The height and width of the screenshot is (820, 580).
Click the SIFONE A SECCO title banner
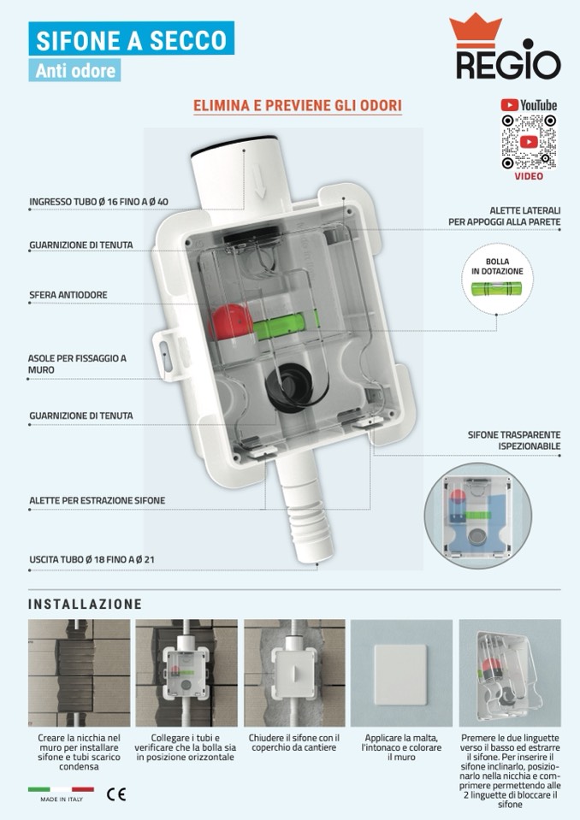(x=131, y=38)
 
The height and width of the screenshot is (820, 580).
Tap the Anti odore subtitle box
(x=74, y=70)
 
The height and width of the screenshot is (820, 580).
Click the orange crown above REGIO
(x=475, y=30)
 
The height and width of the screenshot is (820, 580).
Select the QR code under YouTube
(x=528, y=142)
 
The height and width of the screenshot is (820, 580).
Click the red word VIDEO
(x=529, y=176)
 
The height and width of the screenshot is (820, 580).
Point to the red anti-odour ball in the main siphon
(x=231, y=322)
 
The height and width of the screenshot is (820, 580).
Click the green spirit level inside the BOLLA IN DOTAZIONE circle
(x=496, y=288)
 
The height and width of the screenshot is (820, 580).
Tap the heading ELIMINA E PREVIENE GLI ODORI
(x=298, y=105)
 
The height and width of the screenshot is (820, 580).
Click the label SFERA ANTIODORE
(x=68, y=295)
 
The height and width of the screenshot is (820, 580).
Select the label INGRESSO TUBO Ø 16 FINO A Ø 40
(x=99, y=201)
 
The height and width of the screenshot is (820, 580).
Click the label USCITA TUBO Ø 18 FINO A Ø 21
(x=92, y=559)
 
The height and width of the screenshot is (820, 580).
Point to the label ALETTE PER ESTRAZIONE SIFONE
(x=98, y=500)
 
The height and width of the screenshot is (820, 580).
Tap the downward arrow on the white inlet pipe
(x=260, y=180)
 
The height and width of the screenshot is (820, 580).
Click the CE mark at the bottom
(x=116, y=794)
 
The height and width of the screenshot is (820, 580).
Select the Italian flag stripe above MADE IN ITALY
(x=62, y=789)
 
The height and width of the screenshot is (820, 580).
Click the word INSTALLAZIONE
(x=86, y=604)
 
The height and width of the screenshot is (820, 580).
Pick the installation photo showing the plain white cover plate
(x=402, y=673)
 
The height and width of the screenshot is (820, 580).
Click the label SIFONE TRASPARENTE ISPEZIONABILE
(x=514, y=440)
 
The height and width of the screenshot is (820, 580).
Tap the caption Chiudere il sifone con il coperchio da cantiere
(x=294, y=742)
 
